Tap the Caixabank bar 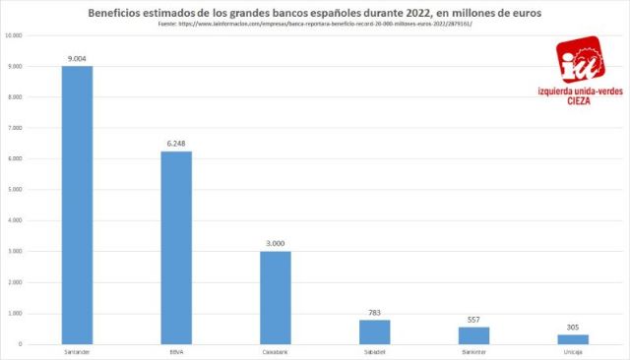(275, 298)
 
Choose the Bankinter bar (473, 335)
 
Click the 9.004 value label (77, 59)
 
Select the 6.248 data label (176, 144)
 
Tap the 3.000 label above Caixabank (275, 244)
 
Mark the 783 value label (374, 313)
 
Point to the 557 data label (473, 320)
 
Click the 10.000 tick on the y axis (15, 35)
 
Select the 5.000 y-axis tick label (16, 190)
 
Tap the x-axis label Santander (77, 351)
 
